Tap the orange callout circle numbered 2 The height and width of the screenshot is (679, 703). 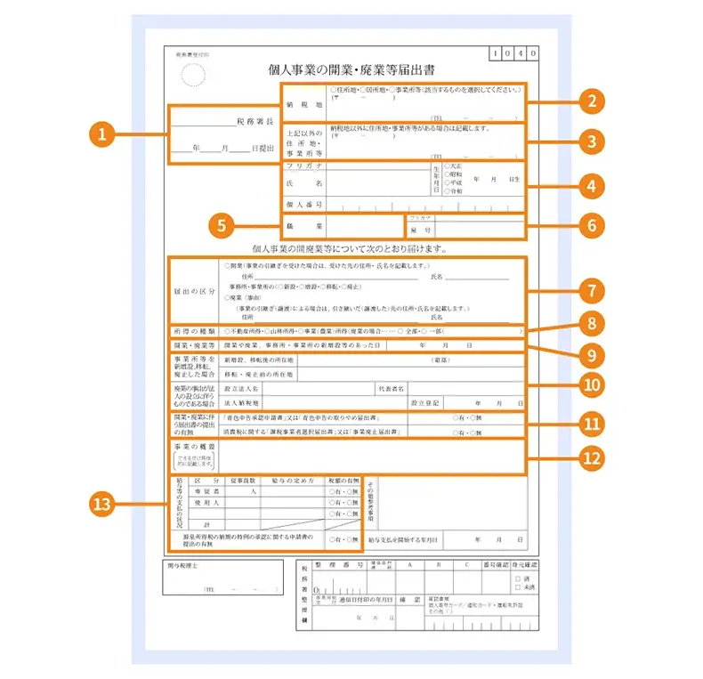click(590, 100)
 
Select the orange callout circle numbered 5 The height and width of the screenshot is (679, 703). click(223, 224)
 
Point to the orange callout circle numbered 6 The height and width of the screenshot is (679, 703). click(590, 224)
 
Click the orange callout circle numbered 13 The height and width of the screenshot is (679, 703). click(103, 504)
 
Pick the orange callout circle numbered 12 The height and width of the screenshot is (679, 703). click(590, 458)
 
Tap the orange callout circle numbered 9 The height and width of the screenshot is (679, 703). click(590, 355)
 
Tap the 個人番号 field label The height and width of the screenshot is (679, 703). click(303, 204)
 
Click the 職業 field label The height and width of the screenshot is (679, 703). click(303, 226)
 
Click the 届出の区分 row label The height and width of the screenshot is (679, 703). click(194, 290)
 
